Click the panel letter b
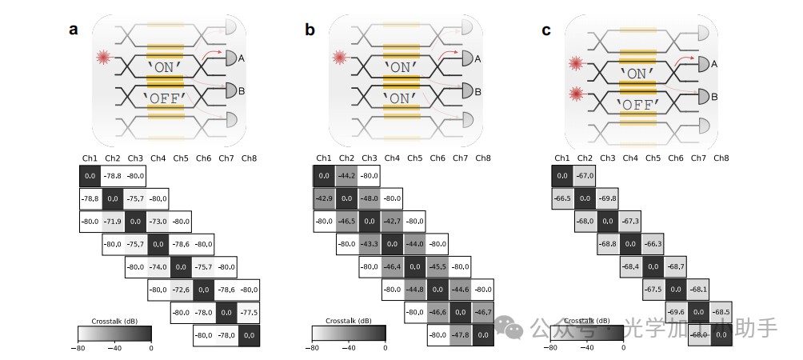(x=310, y=30)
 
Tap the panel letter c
(x=545, y=30)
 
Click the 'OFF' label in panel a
(x=164, y=98)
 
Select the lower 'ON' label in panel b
(x=401, y=98)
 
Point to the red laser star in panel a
(x=102, y=58)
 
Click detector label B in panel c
(x=715, y=97)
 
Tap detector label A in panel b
(x=477, y=58)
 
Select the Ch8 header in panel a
(x=249, y=158)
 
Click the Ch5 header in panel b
(x=414, y=158)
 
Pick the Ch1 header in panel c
(x=562, y=158)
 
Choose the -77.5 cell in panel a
(x=250, y=313)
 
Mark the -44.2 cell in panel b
(x=346, y=175)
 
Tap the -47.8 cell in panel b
(x=460, y=336)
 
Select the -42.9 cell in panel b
(x=323, y=198)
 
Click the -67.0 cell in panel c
(x=585, y=175)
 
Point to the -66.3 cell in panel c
(x=653, y=243)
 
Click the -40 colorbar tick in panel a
(x=114, y=348)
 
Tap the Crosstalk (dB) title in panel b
(x=349, y=320)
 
